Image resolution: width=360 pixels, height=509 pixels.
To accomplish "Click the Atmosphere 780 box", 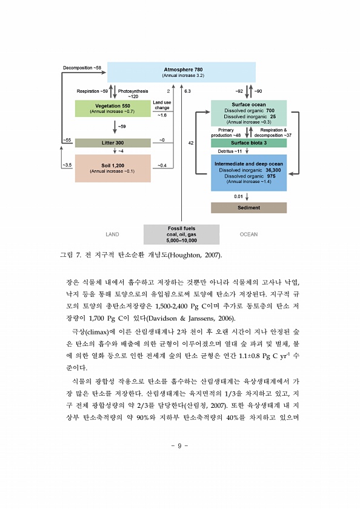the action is click(x=181, y=72).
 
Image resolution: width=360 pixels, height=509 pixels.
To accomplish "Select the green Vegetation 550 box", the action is click(x=113, y=108).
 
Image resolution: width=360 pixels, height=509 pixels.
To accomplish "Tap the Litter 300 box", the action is click(x=113, y=143).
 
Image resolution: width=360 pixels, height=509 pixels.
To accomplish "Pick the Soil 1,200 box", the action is click(x=113, y=168).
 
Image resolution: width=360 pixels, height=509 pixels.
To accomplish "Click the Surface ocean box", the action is click(x=248, y=113).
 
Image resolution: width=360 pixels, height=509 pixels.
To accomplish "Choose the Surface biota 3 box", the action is click(x=248, y=143).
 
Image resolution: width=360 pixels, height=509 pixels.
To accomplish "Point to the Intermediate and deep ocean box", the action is click(x=248, y=173).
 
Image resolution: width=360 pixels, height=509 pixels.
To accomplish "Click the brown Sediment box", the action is click(x=248, y=208).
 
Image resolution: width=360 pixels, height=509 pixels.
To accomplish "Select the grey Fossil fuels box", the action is click(x=181, y=235).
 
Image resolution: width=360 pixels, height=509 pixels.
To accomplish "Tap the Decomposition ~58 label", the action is click(x=82, y=68).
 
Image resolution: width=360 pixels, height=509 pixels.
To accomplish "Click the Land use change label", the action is click(x=162, y=105).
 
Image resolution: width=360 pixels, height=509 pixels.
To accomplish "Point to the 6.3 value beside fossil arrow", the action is click(x=187, y=91).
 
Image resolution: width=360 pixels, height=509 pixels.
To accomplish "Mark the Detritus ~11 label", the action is click(x=230, y=151).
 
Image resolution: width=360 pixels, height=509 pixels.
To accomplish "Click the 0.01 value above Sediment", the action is click(x=238, y=196).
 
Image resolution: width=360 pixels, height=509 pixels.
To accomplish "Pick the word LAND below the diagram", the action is click(x=112, y=235).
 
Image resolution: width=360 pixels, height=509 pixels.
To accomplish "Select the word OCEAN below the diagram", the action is click(x=248, y=235).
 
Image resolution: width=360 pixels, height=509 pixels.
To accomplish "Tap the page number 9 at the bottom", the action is click(x=179, y=446).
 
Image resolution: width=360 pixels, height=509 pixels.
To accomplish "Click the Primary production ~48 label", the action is click(x=226, y=133).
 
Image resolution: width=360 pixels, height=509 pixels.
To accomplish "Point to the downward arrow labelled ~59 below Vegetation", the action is click(x=115, y=127).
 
